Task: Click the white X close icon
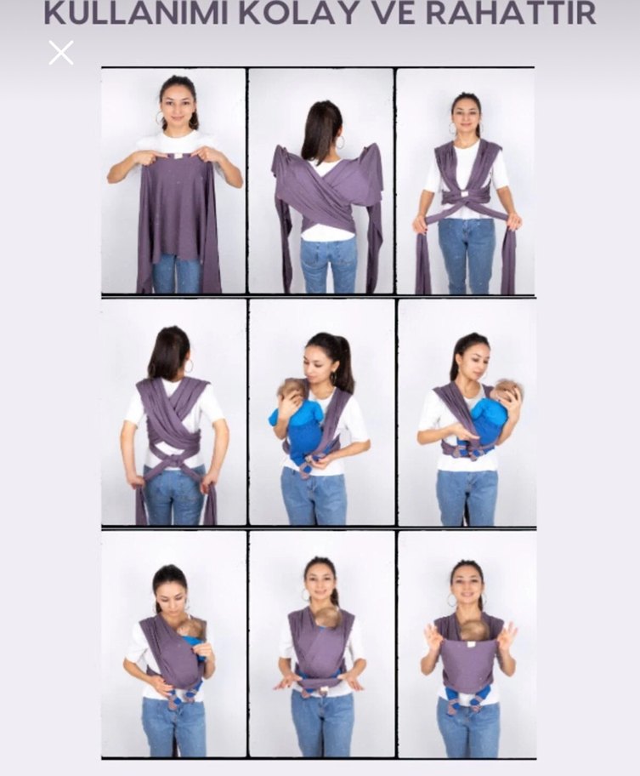coord(61,53)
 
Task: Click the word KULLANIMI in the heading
coord(136,13)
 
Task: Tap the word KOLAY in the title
coord(300,13)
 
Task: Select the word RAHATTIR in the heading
coord(511,13)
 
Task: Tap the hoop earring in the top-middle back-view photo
coord(341,143)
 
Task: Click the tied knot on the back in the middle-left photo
coord(174,462)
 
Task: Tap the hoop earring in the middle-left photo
coord(188,367)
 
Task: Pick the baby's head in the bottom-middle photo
coord(328,617)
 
